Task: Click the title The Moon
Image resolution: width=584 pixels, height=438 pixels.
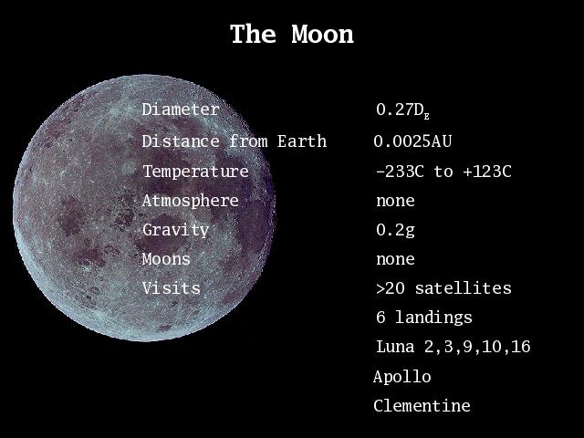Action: (x=292, y=35)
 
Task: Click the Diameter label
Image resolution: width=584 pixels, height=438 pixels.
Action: (x=181, y=109)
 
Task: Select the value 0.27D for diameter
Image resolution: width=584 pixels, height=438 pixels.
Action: (x=403, y=110)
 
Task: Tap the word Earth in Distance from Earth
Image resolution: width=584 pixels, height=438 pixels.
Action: (x=302, y=141)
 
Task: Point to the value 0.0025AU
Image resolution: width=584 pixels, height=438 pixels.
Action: (x=412, y=141)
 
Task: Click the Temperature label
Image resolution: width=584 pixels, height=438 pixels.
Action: (x=195, y=172)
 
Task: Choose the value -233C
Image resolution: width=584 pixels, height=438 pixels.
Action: (x=400, y=172)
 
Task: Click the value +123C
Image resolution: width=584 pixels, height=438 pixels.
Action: (x=487, y=172)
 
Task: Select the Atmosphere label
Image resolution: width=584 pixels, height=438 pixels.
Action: (x=191, y=201)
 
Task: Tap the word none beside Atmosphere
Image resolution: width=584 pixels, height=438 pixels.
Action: (x=395, y=202)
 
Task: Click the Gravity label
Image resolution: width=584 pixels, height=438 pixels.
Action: (x=175, y=230)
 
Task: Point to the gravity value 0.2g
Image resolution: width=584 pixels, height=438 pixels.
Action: (x=395, y=230)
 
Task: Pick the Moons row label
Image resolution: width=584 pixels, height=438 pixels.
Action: (x=166, y=259)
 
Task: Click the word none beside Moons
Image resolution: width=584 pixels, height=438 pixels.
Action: (x=395, y=259)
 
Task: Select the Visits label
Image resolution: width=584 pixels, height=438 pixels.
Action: (x=172, y=288)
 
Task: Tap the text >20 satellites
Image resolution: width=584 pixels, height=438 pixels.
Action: (x=443, y=288)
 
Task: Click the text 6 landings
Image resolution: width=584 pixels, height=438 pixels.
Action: (x=424, y=318)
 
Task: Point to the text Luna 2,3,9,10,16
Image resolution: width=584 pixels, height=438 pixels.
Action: (x=454, y=347)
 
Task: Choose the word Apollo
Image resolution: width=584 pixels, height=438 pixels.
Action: (x=402, y=377)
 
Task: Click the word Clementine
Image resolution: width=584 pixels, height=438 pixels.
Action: (x=422, y=405)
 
